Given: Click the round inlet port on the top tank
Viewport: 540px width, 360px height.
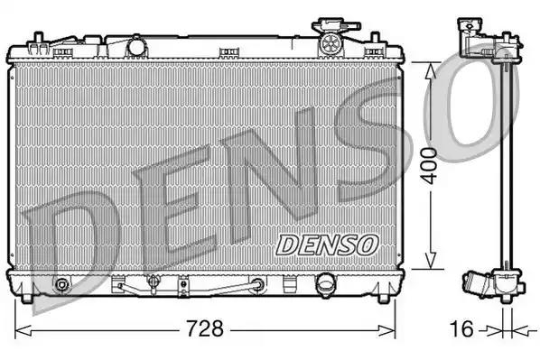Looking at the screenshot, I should coord(137,44).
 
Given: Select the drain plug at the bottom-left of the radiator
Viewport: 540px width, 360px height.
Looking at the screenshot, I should coord(61,287).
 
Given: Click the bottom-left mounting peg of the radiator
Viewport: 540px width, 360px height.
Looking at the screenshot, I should coord(32,297).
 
